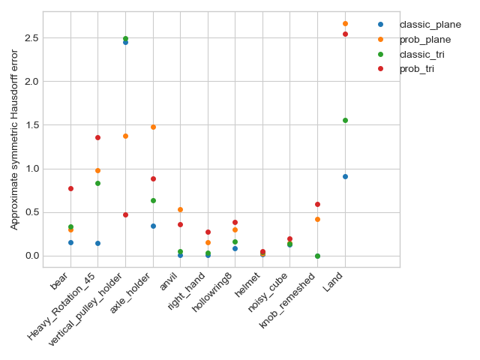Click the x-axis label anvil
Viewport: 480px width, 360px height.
(x=168, y=286)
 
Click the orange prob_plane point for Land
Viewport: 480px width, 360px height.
(x=345, y=23)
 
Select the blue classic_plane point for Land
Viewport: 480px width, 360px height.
(x=345, y=176)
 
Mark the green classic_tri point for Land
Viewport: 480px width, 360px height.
(x=345, y=120)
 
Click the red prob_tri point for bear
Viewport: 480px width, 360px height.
(x=70, y=188)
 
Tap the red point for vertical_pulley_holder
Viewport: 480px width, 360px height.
(x=125, y=214)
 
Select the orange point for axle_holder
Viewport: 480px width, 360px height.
(x=153, y=127)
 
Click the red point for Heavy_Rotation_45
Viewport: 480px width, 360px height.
(x=97, y=137)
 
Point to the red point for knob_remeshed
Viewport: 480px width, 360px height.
(x=317, y=204)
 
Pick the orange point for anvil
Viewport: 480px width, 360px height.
(x=180, y=209)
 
